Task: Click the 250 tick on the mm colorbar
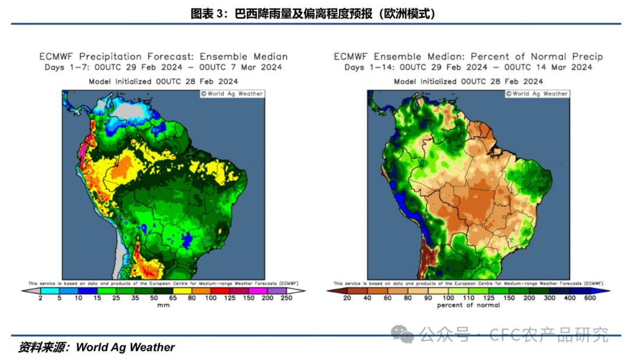click(x=285, y=298)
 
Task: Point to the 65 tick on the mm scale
click(x=172, y=298)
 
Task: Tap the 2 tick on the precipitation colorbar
click(x=41, y=298)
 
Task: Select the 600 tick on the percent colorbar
click(x=591, y=298)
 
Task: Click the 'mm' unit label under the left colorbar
click(x=163, y=305)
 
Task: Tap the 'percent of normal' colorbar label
click(x=468, y=305)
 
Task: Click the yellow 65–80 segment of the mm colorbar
click(x=182, y=290)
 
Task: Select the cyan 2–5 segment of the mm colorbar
click(x=50, y=290)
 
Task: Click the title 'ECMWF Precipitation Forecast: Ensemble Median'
click(x=163, y=57)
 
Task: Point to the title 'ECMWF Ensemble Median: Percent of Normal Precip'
click(x=468, y=57)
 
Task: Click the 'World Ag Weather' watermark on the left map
click(x=232, y=94)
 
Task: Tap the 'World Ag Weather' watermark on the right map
click(x=537, y=94)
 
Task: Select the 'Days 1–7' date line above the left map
click(x=163, y=67)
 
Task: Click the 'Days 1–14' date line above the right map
click(x=468, y=67)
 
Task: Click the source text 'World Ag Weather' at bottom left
click(x=125, y=347)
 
